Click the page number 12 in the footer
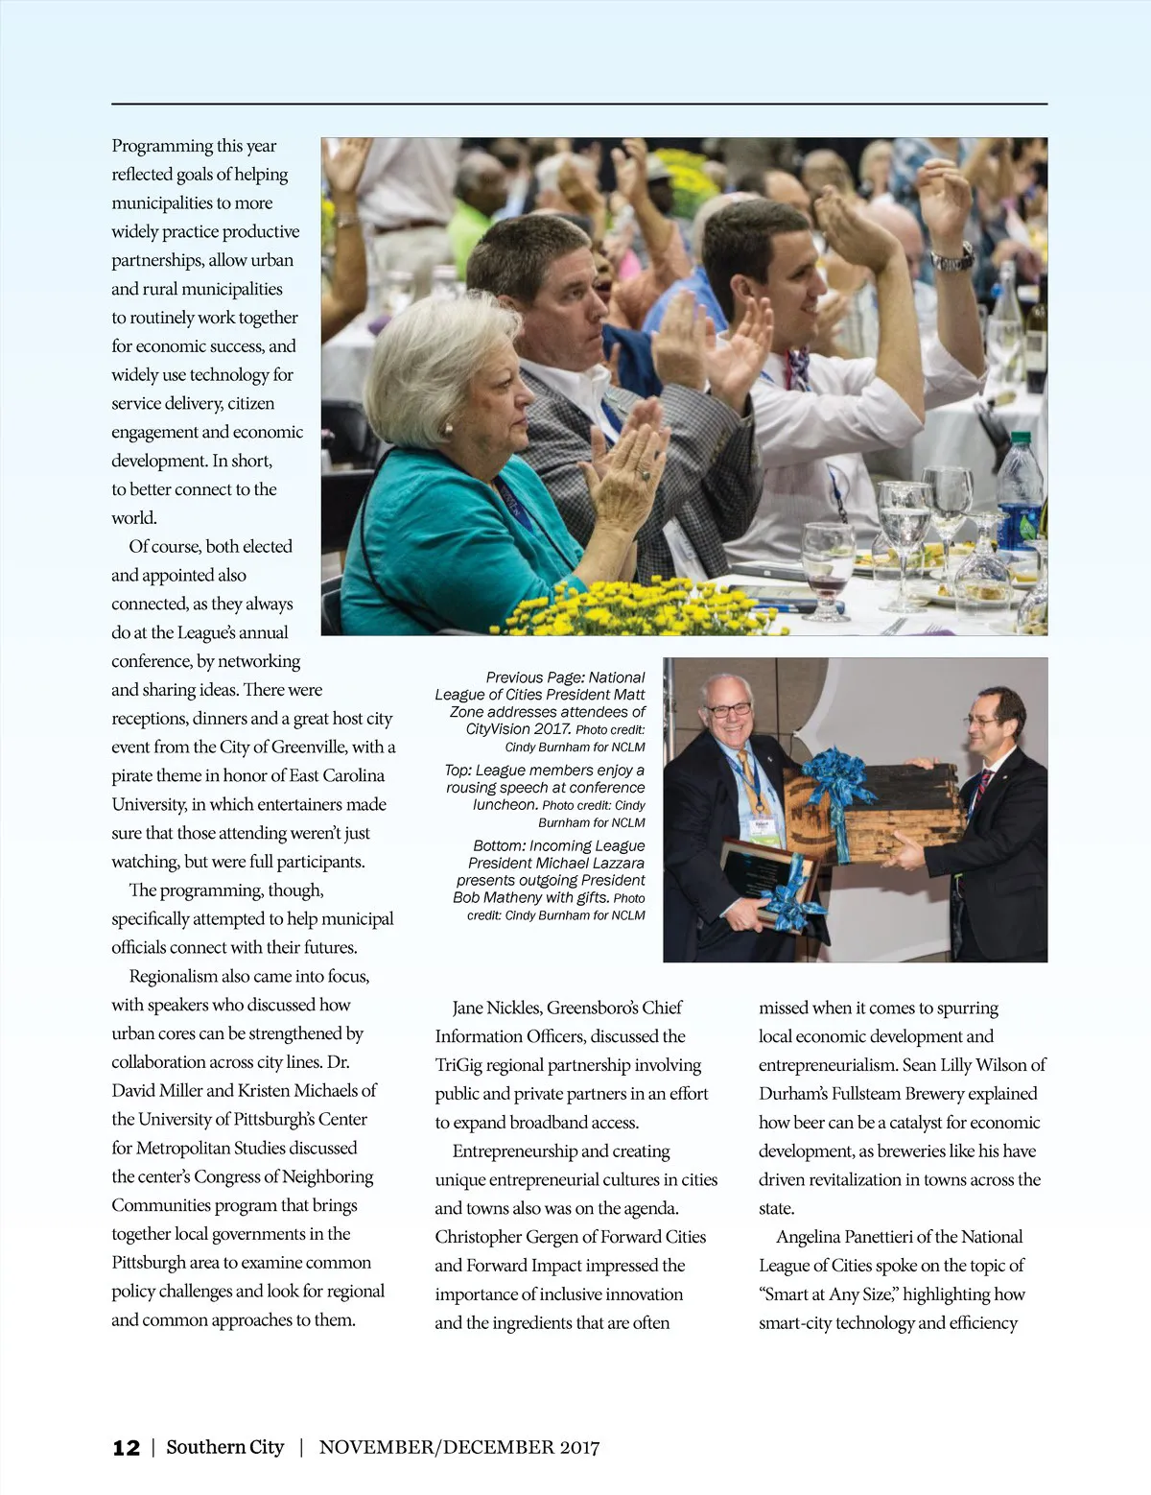point(126,1448)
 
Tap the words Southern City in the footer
point(225,1447)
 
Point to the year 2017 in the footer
point(577,1447)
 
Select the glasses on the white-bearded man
point(728,710)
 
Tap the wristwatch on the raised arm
point(952,257)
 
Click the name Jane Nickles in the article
point(495,1008)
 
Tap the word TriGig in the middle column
point(464,1065)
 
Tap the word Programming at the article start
point(161,146)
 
